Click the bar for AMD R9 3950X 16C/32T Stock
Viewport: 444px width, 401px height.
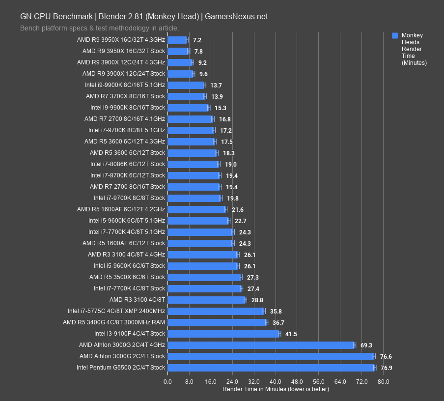pyautogui.click(x=178, y=51)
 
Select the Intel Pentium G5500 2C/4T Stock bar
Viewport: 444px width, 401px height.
pyautogui.click(x=271, y=368)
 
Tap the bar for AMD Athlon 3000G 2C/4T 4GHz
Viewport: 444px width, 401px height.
pyautogui.click(x=260, y=345)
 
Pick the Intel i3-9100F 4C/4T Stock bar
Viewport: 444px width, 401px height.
pyautogui.click(x=223, y=334)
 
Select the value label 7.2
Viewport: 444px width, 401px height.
pyautogui.click(x=197, y=40)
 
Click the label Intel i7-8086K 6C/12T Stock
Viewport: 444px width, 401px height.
pyautogui.click(x=128, y=164)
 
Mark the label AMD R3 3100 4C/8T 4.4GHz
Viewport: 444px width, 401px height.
pyautogui.click(x=126, y=255)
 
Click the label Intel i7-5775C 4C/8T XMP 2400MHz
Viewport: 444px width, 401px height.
pyautogui.click(x=116, y=311)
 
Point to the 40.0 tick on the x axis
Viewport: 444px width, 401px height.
pyautogui.click(x=276, y=382)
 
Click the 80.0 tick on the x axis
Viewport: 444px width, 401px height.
pyautogui.click(x=383, y=382)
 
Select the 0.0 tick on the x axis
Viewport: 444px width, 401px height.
pyautogui.click(x=167, y=382)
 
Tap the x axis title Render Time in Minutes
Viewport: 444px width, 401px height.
pyautogui.click(x=276, y=389)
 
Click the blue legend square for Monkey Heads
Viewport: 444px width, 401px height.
pyautogui.click(x=395, y=35)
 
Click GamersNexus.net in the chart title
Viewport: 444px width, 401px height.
pyautogui.click(x=236, y=16)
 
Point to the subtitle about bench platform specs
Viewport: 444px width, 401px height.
pyautogui.click(x=99, y=28)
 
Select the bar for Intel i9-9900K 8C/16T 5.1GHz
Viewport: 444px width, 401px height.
pyautogui.click(x=186, y=85)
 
